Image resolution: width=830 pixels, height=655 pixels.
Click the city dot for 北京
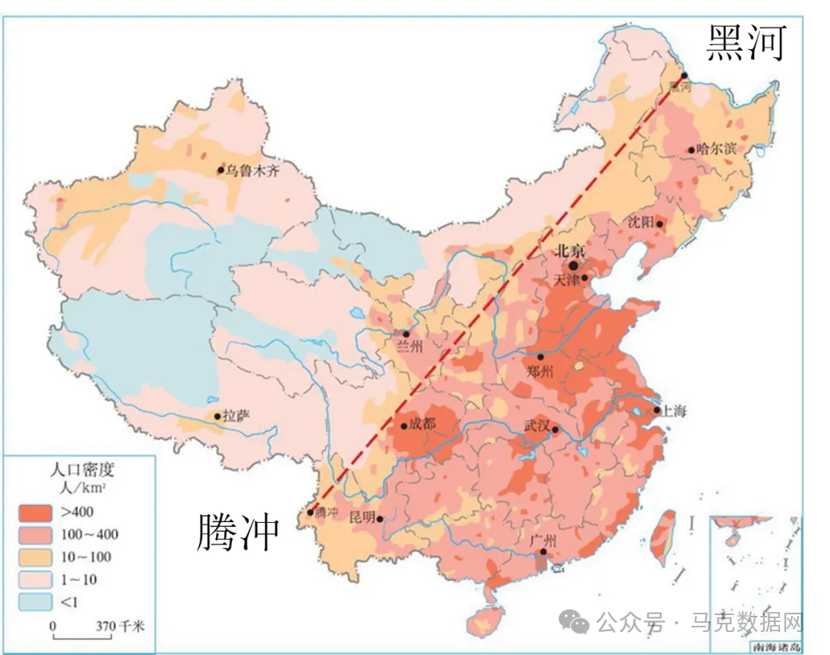coord(573,265)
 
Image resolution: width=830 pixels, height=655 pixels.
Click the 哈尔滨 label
coord(716,149)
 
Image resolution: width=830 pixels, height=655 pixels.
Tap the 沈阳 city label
coord(642,222)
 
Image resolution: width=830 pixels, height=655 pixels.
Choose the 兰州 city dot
coord(406,334)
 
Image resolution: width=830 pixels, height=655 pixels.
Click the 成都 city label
coord(422,424)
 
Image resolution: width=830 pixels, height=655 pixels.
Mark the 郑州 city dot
coord(540,357)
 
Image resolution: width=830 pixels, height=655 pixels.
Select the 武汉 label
coord(537,425)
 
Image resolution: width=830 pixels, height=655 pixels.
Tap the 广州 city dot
coord(543,551)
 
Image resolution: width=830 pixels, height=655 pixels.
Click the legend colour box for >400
coord(35,511)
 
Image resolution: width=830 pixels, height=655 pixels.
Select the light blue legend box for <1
coord(35,602)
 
